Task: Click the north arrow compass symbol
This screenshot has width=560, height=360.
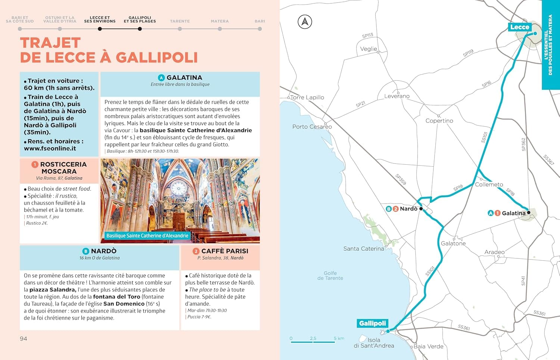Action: click(305, 22)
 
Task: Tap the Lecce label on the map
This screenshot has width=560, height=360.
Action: click(519, 27)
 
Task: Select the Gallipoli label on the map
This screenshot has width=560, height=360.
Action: click(372, 323)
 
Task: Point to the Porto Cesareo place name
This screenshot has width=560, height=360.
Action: click(312, 127)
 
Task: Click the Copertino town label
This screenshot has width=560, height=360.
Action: click(439, 121)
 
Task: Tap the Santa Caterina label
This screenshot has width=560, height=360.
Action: click(363, 248)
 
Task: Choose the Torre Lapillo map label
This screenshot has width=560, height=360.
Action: click(307, 97)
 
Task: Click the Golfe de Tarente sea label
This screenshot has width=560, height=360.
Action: click(330, 276)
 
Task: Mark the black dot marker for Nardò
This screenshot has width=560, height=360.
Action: click(421, 209)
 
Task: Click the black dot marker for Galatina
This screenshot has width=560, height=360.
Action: click(529, 213)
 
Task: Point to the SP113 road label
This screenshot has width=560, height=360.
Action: click(367, 36)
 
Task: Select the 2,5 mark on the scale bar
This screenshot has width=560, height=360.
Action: click(313, 338)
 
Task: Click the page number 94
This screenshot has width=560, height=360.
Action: click(24, 338)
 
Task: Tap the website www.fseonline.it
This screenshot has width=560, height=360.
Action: click(50, 148)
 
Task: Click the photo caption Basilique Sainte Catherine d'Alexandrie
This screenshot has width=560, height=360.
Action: click(147, 236)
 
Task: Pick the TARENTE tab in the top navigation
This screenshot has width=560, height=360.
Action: click(180, 21)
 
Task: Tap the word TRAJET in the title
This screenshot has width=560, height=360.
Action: click(50, 43)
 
